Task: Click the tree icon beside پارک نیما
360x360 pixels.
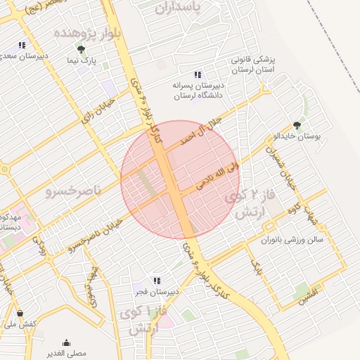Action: coord(82,49)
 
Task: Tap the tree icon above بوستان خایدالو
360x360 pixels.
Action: coord(297,125)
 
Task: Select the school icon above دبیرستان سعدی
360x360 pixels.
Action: coord(23,45)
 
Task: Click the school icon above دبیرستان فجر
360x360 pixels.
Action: coord(157,281)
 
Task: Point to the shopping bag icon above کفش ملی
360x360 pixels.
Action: coord(19,314)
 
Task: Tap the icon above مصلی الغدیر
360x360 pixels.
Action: coord(66,342)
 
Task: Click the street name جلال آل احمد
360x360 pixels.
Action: coord(200,131)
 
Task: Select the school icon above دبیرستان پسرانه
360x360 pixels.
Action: coord(198,75)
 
